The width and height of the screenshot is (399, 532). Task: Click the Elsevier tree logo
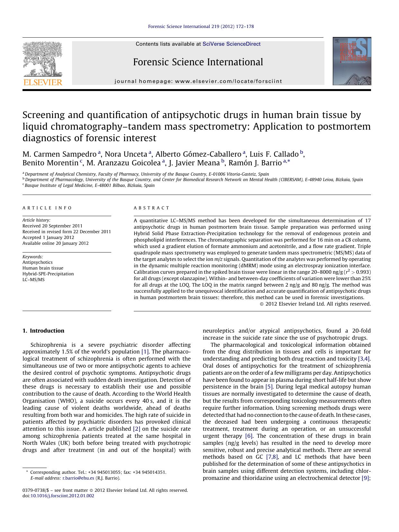point(42,59)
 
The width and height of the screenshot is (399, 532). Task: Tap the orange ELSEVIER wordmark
point(42,82)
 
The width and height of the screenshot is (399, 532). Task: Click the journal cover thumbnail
point(352,61)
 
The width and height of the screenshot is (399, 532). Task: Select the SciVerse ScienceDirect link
point(231,44)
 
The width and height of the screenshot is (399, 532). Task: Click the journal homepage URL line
point(198,81)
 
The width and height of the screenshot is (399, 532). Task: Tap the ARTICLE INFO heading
point(47,208)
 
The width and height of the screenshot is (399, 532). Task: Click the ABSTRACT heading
point(151,208)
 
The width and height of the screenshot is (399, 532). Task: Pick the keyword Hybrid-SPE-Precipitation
point(48,274)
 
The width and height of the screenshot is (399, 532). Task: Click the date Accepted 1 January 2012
point(48,237)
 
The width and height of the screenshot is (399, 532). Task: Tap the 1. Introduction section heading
point(43,331)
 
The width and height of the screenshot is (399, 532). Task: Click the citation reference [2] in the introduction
point(136,429)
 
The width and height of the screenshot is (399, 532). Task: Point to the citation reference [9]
point(365,478)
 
